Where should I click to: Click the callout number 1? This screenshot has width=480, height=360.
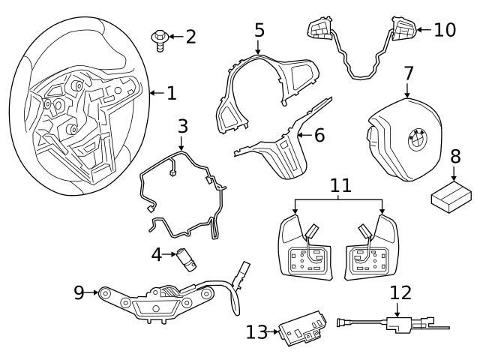[172, 94]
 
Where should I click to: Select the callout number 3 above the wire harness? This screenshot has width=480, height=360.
[183, 126]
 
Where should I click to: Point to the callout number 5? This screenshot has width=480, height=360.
[259, 31]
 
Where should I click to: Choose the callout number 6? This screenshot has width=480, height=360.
[319, 136]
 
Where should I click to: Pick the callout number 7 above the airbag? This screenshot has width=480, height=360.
[408, 74]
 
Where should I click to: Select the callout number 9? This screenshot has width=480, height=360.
[79, 292]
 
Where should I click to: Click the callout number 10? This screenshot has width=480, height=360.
[445, 30]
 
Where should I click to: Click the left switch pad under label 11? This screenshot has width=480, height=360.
[305, 245]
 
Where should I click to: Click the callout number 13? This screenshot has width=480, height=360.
[256, 331]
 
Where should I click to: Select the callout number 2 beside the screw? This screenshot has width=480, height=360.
[190, 36]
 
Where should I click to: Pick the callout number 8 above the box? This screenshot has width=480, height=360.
[455, 157]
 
